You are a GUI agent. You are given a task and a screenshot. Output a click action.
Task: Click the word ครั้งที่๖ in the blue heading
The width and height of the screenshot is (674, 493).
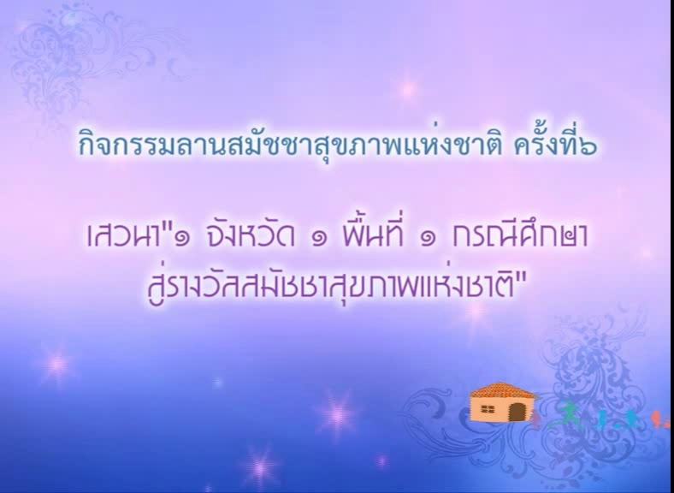(555, 143)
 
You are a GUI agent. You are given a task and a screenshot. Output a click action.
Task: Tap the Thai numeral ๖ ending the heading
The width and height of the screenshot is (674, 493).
(588, 146)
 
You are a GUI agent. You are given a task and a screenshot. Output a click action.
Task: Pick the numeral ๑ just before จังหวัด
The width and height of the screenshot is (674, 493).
(182, 238)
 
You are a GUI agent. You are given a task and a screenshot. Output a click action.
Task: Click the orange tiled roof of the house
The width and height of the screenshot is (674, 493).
(502, 390)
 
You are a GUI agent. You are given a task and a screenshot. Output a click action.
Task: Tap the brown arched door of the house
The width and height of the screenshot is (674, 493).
(517, 413)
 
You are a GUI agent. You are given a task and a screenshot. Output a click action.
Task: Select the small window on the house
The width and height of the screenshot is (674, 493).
(488, 409)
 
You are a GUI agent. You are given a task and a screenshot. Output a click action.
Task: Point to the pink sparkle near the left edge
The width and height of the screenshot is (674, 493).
(56, 364)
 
